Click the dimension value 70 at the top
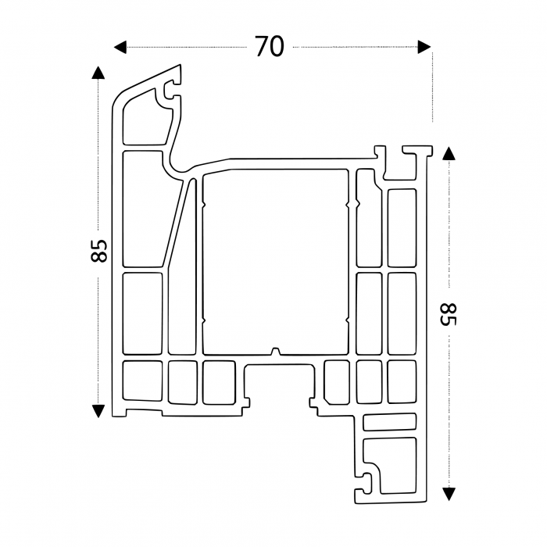point(269,47)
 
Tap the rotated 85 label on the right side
point(448,315)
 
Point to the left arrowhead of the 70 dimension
point(120,48)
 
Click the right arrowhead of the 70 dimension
point(424,48)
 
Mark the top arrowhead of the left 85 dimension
point(98,73)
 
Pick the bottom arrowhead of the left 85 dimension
point(98,411)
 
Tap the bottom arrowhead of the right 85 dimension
point(448,493)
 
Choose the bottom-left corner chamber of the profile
point(142,382)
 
